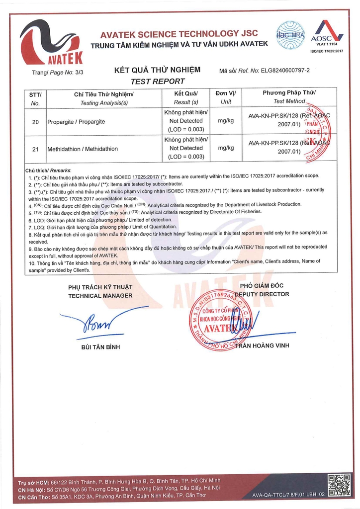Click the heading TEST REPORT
pos(158,81)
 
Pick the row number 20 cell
pos(35,121)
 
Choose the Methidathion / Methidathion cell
pos(80,149)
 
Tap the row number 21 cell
pos(35,149)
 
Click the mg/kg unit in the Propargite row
pos(226,121)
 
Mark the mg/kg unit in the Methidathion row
pos(226,148)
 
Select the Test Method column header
pos(289,101)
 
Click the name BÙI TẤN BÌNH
pos(100,346)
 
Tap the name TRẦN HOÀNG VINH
pos(262,345)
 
